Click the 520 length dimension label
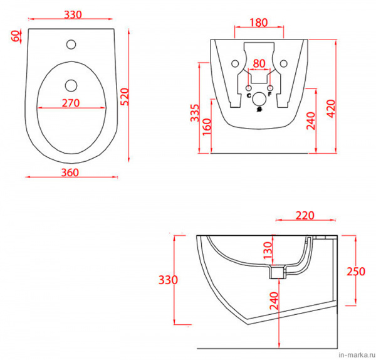pos(125,97)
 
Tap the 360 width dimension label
pos(70,172)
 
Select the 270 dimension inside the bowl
pos(71,103)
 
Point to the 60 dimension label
pos(15,36)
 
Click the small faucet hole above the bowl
pos(71,45)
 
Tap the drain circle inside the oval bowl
pos(71,86)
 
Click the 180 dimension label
pos(259,23)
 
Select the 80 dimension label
pos(259,63)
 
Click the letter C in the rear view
pos(249,95)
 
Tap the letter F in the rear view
pos(269,94)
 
